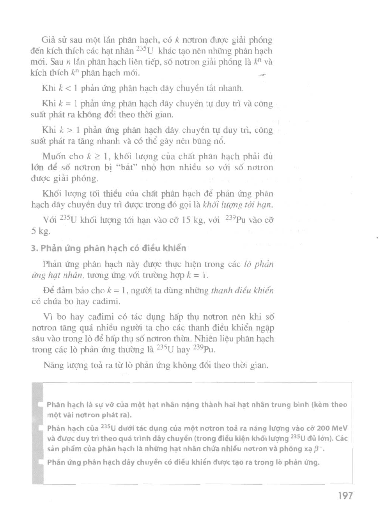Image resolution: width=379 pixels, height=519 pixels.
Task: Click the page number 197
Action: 345,496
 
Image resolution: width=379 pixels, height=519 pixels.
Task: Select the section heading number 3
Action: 34,248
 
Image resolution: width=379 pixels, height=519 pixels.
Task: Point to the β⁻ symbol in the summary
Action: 319,449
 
